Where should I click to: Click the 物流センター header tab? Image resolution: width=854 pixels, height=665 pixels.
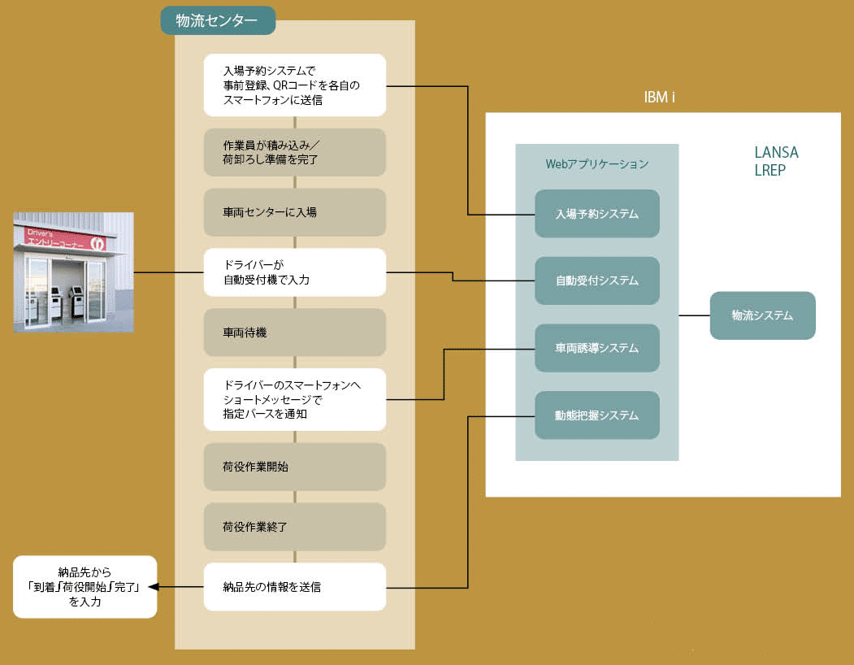[x=217, y=21]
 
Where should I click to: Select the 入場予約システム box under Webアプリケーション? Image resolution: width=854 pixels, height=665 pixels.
[x=596, y=214]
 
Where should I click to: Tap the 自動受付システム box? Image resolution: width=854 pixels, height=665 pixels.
[x=596, y=280]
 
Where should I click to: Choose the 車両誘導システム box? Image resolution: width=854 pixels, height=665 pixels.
[x=596, y=348]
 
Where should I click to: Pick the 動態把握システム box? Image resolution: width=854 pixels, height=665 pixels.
[x=596, y=415]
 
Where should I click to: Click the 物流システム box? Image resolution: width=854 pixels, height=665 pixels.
[x=761, y=315]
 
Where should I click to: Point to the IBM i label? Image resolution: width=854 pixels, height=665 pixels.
[x=659, y=98]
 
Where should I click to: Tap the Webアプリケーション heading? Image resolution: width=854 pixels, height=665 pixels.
[x=596, y=164]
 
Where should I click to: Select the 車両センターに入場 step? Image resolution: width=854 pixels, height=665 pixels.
[x=294, y=212]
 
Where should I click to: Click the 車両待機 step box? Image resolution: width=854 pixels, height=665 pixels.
[x=294, y=332]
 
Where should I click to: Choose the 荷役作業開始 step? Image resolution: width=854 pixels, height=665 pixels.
[x=294, y=467]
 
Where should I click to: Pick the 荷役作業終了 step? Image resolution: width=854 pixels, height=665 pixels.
[x=294, y=527]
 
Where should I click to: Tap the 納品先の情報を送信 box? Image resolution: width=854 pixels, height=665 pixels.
[x=294, y=586]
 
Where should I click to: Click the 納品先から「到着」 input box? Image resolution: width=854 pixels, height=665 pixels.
[x=85, y=586]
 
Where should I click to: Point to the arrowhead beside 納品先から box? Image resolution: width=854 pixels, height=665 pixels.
[x=154, y=586]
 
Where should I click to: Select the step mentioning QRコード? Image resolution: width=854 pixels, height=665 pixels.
[x=294, y=85]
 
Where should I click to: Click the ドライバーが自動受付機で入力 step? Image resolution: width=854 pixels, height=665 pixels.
[x=294, y=272]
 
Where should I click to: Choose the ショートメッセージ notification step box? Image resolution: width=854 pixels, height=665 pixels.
[x=294, y=399]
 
